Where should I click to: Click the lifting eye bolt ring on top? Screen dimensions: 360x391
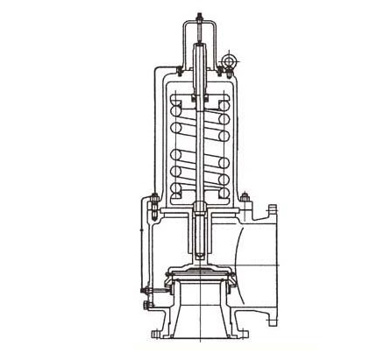pyautogui.click(x=232, y=60)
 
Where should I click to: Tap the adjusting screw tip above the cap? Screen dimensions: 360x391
pyautogui.click(x=200, y=16)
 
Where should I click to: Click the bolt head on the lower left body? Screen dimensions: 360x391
pyautogui.click(x=142, y=305)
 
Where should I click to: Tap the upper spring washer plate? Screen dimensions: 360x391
pyautogui.click(x=200, y=98)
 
